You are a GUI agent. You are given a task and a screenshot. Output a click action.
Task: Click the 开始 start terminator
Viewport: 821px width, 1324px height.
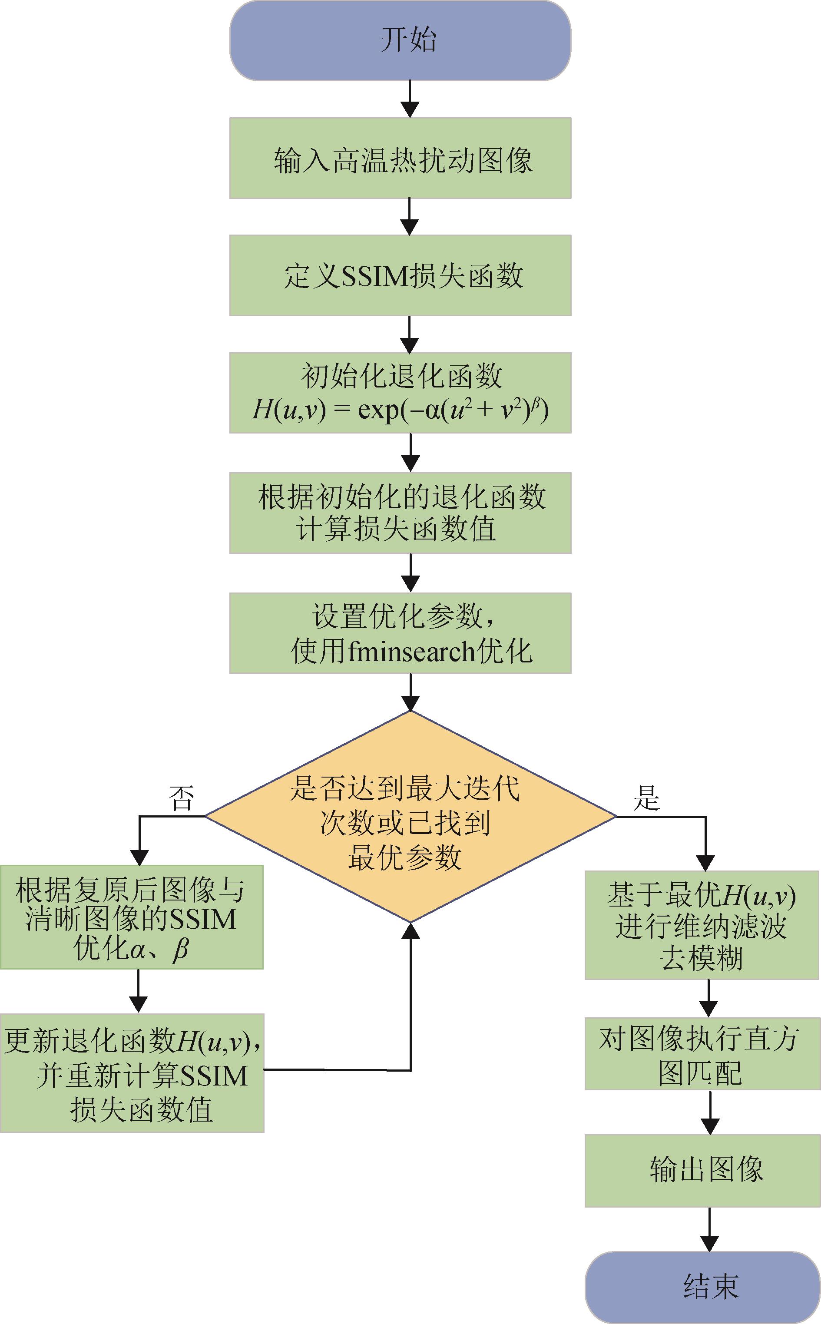400,41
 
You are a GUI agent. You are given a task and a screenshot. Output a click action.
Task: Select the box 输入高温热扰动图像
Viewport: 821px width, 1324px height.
400,158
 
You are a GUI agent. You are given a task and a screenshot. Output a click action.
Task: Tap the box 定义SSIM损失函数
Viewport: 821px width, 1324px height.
400,275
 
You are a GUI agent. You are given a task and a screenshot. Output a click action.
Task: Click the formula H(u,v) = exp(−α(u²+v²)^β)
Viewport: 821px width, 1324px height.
400,410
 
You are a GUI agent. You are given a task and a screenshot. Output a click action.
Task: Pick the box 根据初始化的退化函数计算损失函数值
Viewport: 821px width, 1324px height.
400,513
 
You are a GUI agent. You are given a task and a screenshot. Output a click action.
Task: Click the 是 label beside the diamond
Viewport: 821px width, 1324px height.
646,798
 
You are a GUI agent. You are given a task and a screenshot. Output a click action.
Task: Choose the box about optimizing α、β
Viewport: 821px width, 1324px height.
132,917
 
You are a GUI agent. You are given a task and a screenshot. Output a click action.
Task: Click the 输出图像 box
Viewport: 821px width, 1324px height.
702,1169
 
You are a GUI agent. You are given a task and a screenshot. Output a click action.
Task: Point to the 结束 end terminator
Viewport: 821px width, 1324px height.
702,1287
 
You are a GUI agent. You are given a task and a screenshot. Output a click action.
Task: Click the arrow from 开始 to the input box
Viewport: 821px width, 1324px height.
410,99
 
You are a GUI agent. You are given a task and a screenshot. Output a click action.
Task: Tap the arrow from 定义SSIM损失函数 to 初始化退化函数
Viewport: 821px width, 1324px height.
410,334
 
